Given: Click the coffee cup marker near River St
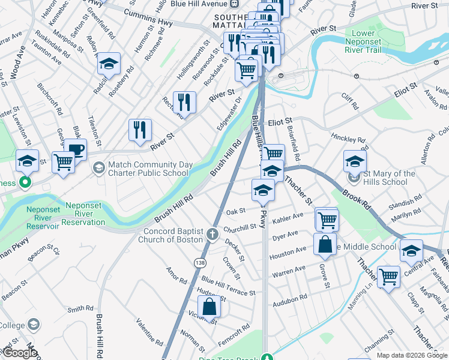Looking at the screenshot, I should click(76, 149).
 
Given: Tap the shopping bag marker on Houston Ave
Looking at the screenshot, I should click(325, 244).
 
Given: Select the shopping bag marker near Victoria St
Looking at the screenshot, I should click(209, 307).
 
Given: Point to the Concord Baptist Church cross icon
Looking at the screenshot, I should click(212, 233).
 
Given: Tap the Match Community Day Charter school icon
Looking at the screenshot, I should click(98, 166).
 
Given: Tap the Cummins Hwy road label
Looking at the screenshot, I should click(144, 17).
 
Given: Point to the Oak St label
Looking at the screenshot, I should click(235, 211).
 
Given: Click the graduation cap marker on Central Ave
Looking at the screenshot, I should click(411, 251).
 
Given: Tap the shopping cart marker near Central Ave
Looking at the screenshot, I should click(388, 277).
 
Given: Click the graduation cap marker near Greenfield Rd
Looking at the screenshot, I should click(109, 63).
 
